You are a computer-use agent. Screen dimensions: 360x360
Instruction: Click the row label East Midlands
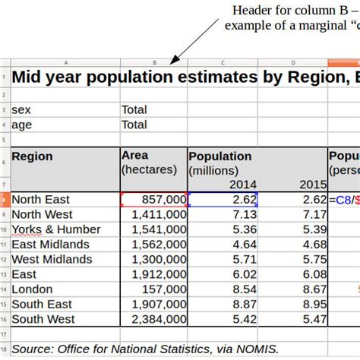click(51, 245)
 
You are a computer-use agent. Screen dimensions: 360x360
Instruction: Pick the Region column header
click(33, 156)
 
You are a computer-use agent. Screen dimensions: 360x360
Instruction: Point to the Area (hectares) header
click(149, 163)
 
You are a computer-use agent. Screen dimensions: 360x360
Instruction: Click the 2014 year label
click(243, 185)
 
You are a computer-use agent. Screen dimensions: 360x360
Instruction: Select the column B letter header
click(154, 63)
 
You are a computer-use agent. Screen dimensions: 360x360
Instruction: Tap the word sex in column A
click(21, 109)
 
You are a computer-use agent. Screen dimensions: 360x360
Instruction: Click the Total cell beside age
click(134, 125)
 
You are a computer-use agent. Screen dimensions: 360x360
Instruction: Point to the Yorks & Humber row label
click(56, 229)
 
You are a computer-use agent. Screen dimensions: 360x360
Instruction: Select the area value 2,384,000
click(159, 320)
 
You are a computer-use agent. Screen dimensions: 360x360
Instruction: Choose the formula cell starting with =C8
click(343, 200)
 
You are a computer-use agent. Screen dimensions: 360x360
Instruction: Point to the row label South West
click(43, 320)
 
